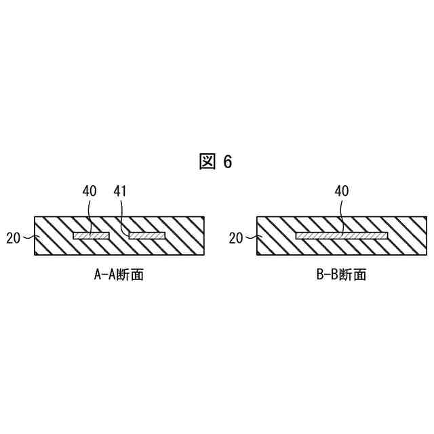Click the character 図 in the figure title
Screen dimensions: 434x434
click(x=208, y=161)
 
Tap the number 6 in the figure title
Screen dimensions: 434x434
click(x=227, y=161)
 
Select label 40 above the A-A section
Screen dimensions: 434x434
click(x=90, y=192)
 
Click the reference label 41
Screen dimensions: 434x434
click(x=121, y=192)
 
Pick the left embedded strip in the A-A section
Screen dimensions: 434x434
click(x=91, y=236)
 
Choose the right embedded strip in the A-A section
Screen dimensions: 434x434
click(x=147, y=236)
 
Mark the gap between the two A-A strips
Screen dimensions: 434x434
click(x=119, y=236)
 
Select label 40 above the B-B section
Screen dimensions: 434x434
click(x=342, y=192)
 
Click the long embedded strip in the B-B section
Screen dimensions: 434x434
click(x=342, y=236)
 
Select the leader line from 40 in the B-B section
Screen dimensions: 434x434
click(x=342, y=216)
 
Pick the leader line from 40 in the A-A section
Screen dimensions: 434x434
click(x=90, y=216)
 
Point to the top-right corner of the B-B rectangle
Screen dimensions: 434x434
click(x=427, y=218)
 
